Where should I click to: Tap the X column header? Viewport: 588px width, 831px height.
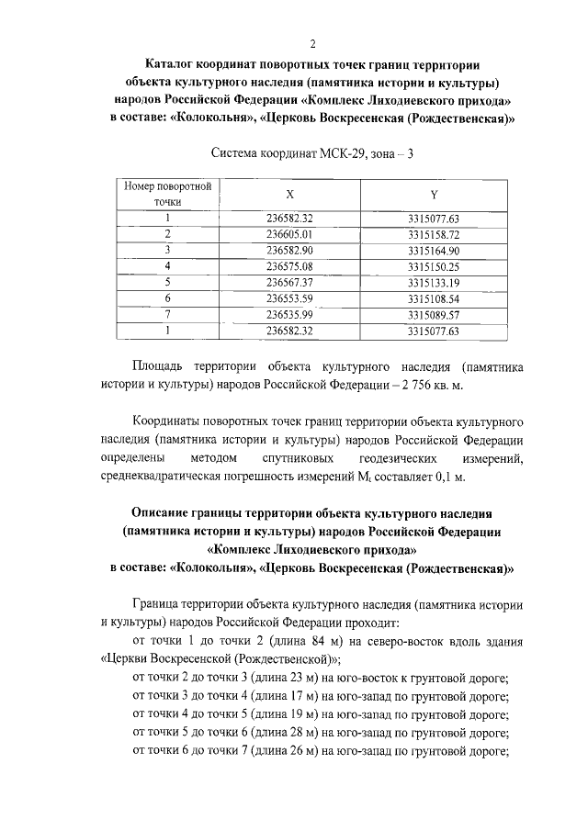point(290,194)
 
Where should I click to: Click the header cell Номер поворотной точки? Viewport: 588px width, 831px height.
point(168,194)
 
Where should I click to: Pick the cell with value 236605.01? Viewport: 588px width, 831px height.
point(290,234)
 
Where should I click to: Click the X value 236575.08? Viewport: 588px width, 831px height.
point(290,265)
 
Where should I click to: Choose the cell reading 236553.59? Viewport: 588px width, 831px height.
point(290,298)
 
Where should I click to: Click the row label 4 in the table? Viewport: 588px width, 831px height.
point(168,265)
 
